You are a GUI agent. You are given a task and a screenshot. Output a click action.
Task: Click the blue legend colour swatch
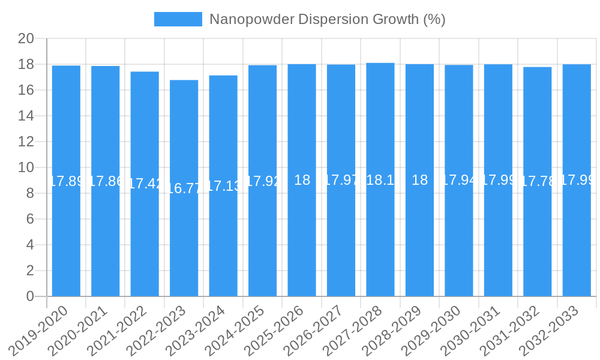pyautogui.click(x=178, y=19)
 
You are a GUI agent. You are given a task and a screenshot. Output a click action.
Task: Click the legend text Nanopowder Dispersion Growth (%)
pyautogui.click(x=327, y=19)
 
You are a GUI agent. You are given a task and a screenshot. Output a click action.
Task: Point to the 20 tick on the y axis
pyautogui.click(x=26, y=38)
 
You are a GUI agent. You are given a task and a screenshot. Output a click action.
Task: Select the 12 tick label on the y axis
pyautogui.click(x=26, y=142)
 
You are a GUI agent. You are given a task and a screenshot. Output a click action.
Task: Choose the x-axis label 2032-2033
pyautogui.click(x=554, y=329)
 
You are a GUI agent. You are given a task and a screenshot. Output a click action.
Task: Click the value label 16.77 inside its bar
pyautogui.click(x=184, y=188)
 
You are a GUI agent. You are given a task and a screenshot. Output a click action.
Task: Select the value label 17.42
pyautogui.click(x=145, y=184)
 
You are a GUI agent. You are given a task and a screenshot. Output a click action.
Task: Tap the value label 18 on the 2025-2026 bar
pyautogui.click(x=302, y=180)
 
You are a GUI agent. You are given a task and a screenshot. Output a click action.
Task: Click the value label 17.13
pyautogui.click(x=223, y=186)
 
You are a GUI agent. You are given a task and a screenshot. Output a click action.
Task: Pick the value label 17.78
pyautogui.click(x=538, y=181)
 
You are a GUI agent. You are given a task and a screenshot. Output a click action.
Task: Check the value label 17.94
pyautogui.click(x=459, y=180)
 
